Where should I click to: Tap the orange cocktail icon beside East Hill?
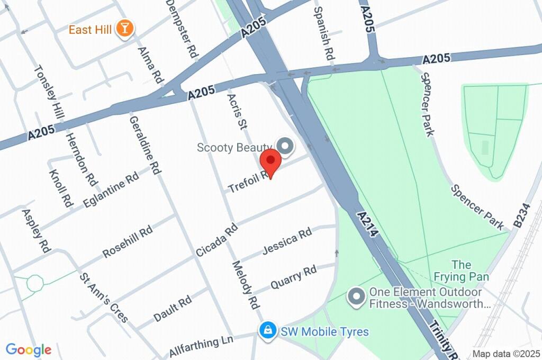pyautogui.click(x=125, y=29)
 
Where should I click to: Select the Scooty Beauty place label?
pyautogui.click(x=234, y=147)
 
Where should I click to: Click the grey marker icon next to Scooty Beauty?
pyautogui.click(x=286, y=147)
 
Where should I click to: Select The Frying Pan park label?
pyautogui.click(x=462, y=270)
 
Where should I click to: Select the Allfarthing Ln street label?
pyautogui.click(x=201, y=347)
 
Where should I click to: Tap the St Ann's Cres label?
pyautogui.click(x=104, y=297)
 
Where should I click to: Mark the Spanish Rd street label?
pyautogui.click(x=323, y=33)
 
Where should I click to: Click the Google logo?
pyautogui.click(x=29, y=350)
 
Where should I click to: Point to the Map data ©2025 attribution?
pyautogui.click(x=506, y=354)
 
